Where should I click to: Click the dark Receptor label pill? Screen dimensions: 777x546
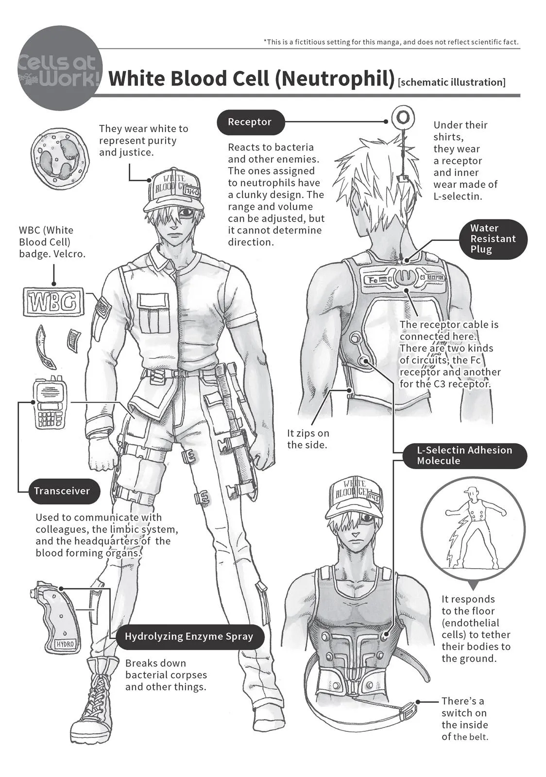click(250, 122)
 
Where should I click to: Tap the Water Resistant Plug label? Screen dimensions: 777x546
click(493, 239)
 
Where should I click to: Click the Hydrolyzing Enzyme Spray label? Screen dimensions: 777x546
click(189, 637)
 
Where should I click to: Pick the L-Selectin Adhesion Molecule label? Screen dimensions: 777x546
click(464, 456)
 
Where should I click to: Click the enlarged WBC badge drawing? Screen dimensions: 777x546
click(54, 303)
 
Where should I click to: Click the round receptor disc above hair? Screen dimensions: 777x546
click(402, 118)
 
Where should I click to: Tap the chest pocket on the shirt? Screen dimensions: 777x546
click(152, 313)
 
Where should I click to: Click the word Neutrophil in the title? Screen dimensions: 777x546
click(334, 79)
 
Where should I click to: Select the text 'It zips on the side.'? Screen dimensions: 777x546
click(308, 439)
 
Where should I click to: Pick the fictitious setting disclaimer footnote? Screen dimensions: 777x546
click(391, 42)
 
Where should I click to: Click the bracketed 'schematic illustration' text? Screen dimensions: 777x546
click(452, 82)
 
